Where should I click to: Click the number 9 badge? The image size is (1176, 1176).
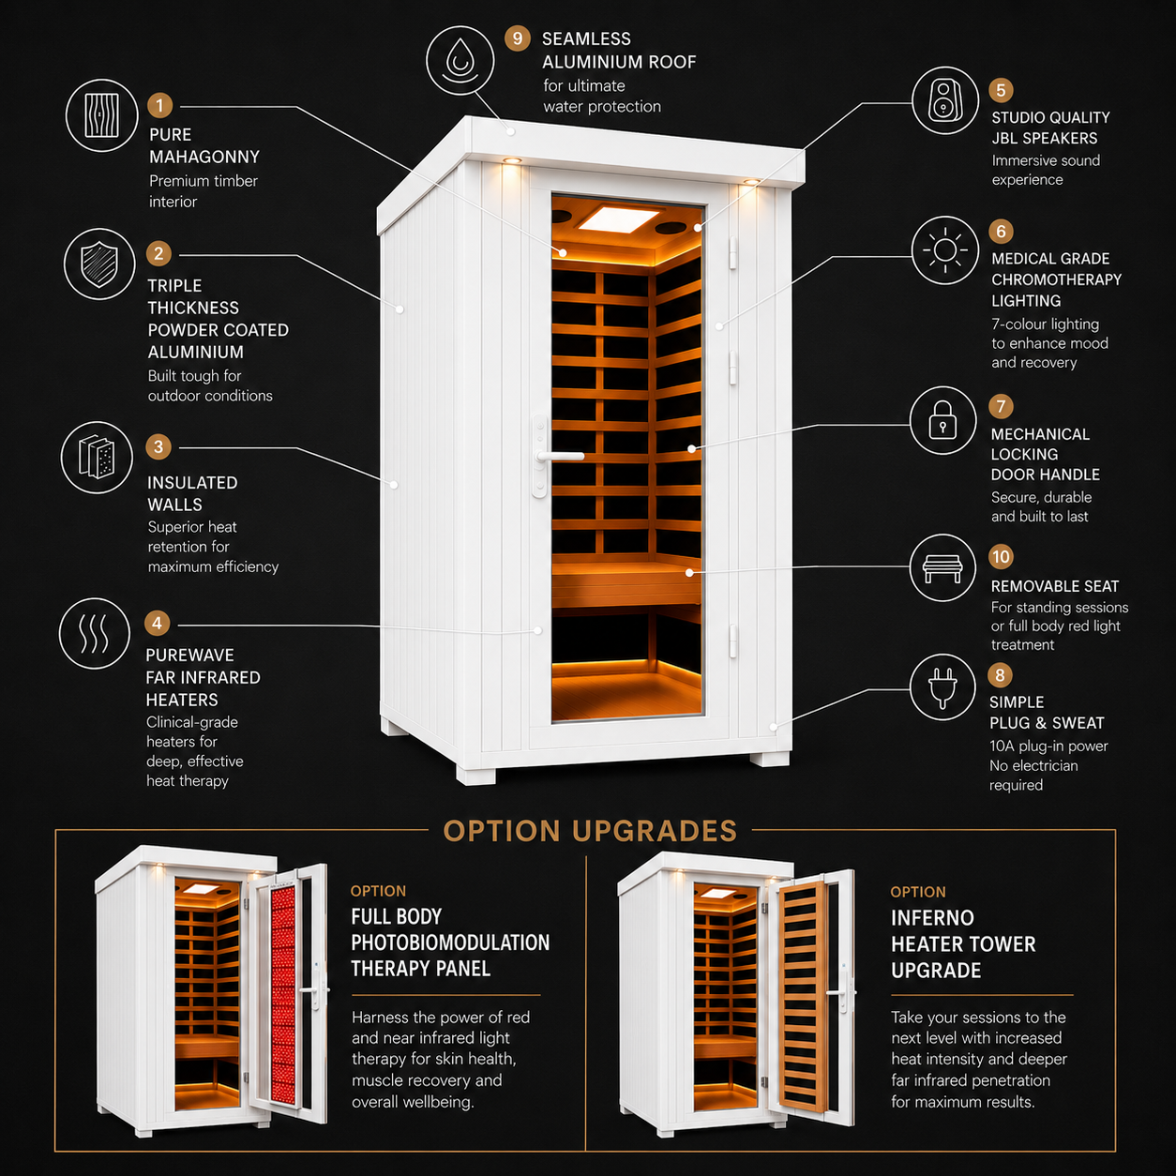517,38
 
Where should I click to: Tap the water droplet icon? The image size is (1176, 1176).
460,61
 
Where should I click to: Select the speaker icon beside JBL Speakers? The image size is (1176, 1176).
944,100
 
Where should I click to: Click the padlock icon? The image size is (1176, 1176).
942,420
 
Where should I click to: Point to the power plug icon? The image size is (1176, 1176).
942,687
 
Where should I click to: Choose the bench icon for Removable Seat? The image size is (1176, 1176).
942,567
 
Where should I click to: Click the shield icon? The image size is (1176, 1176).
98,264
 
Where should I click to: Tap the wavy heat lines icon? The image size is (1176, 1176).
94,633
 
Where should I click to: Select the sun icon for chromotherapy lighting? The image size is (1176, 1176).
944,250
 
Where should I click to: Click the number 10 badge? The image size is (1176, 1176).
1001,556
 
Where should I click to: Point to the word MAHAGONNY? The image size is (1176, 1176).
204,157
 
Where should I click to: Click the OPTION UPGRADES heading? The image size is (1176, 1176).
590,831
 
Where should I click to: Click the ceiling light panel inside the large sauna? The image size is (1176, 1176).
618,219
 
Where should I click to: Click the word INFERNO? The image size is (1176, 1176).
932,918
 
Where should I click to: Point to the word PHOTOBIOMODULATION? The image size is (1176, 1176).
450,942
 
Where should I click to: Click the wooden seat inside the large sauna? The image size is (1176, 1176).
626,582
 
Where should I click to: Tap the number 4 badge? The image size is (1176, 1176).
157,623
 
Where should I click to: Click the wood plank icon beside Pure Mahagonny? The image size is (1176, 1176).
101,115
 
